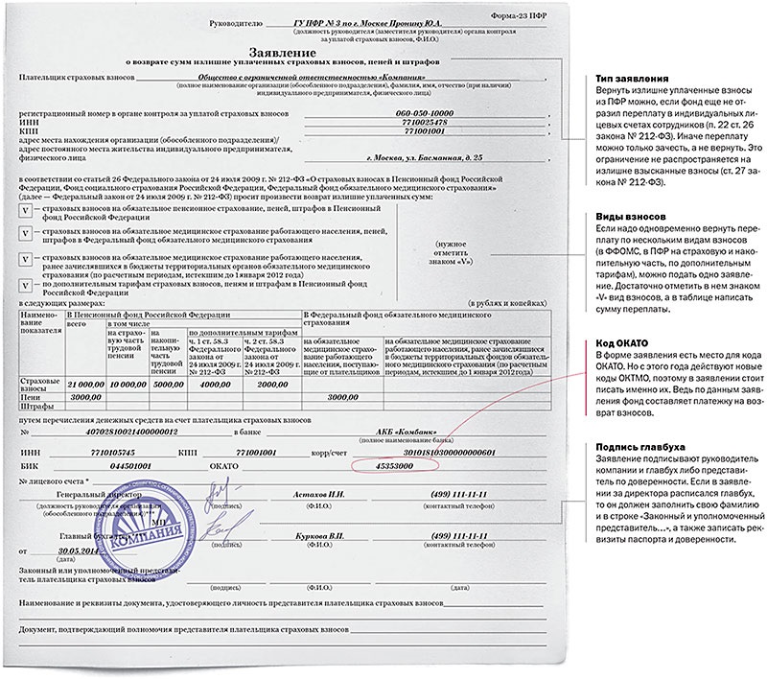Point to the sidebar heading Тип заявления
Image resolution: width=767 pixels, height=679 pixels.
629,78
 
